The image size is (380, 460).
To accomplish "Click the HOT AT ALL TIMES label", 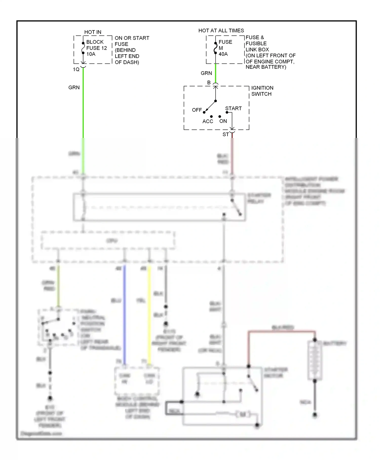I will pos(221,31).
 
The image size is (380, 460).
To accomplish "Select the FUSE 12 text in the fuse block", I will pos(97,48).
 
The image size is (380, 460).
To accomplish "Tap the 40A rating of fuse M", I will pos(223,54).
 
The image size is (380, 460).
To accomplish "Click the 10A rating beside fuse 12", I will pos(91,54).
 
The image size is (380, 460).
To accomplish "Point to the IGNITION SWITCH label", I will pos(262,91).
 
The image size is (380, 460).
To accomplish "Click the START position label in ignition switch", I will pos(233,109).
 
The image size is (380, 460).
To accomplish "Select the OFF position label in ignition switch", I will pos(197,110).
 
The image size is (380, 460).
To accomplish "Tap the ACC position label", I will pos(207,121).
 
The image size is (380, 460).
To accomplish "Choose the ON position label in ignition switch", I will pos(223,121).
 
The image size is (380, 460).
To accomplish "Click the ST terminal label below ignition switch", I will pos(225,135).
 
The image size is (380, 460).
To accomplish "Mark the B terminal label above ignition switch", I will pos(209,83).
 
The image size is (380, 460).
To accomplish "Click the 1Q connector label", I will pos(76,69).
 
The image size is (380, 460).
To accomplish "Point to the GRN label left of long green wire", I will pos(74,87).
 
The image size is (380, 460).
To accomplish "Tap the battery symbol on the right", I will pos(315,360).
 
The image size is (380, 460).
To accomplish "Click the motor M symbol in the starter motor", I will pos(242,414).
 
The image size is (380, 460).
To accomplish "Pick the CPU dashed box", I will pos(108,240).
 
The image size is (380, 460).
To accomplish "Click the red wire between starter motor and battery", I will pos(281,331).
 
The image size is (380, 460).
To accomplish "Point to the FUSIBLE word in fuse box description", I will pos(256,44).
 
